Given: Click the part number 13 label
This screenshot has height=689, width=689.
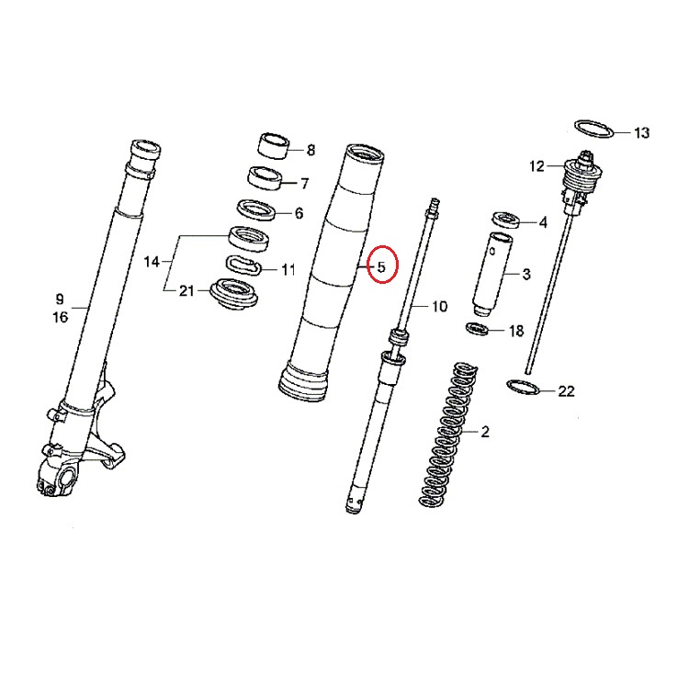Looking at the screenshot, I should [x=641, y=133].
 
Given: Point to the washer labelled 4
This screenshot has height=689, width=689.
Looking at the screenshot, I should [x=506, y=220].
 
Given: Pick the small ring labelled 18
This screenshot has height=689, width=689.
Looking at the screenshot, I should [x=478, y=329].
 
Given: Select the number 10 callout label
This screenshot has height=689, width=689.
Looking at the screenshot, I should [x=438, y=305].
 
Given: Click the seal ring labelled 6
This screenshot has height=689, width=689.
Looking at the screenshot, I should [x=258, y=209].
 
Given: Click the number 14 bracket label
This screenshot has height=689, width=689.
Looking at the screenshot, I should [x=152, y=263].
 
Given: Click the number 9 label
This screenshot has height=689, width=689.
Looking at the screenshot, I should [x=60, y=299].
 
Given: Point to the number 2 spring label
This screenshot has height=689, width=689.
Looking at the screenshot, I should [x=485, y=432].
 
